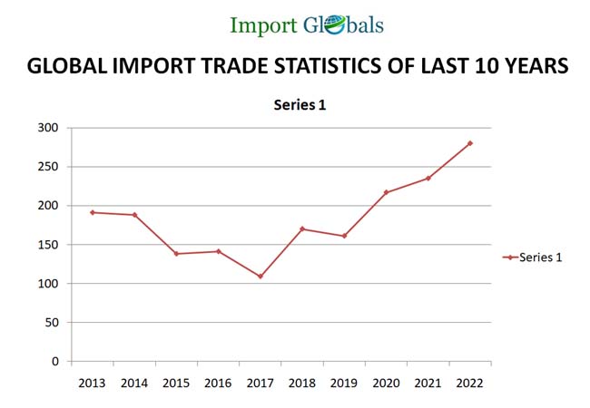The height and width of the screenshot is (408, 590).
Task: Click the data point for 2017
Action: pyautogui.click(x=260, y=277)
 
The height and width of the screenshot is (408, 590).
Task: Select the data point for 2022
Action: pyautogui.click(x=470, y=143)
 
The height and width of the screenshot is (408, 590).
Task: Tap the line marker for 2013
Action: pyautogui.click(x=93, y=212)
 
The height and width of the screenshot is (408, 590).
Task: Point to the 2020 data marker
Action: pyautogui.click(x=386, y=192)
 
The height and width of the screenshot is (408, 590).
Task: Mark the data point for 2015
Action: pyautogui.click(x=176, y=254)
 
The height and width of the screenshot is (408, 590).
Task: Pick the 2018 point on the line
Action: pyautogui.click(x=301, y=228)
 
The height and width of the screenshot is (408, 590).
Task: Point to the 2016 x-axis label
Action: pyautogui.click(x=218, y=383)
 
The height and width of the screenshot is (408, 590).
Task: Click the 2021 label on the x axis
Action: pyautogui.click(x=428, y=383)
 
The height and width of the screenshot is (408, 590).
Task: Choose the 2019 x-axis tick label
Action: pyautogui.click(x=344, y=383)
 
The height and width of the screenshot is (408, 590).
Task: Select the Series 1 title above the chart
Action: pyautogui.click(x=300, y=105)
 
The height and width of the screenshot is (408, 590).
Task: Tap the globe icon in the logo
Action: pyautogui.click(x=331, y=25)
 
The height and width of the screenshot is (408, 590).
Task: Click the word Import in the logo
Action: pyautogui.click(x=261, y=25)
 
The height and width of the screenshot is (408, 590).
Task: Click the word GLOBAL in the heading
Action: pyautogui.click(x=66, y=66)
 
